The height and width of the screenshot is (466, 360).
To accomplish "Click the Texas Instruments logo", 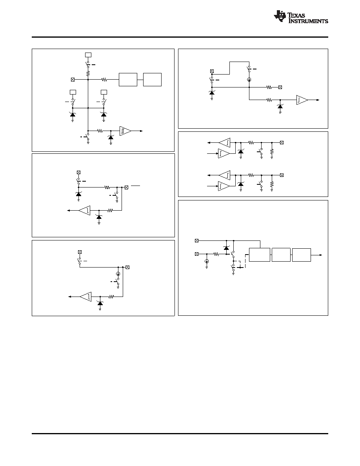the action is (x=301, y=16).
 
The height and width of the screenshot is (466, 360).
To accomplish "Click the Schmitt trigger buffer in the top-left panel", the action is (x=125, y=131).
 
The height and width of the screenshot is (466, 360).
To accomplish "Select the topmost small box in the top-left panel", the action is (x=88, y=55).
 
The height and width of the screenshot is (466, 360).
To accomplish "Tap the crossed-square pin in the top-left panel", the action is (x=73, y=80).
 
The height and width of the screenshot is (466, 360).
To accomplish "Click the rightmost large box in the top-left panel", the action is (x=152, y=80).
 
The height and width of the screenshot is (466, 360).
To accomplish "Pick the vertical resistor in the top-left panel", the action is (x=88, y=73).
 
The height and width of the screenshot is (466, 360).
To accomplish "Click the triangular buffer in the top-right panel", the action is (x=302, y=100).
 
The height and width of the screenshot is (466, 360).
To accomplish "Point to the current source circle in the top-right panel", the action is (x=249, y=80).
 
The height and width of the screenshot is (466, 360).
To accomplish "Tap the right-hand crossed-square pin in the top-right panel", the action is (x=280, y=87).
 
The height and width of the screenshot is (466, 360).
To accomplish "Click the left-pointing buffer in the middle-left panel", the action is (x=84, y=210).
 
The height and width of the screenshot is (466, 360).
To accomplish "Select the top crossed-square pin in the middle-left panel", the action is (x=78, y=172).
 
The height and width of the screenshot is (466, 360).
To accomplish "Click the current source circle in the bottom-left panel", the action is (x=118, y=274).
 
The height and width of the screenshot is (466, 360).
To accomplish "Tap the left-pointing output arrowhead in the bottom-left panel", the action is (x=69, y=297).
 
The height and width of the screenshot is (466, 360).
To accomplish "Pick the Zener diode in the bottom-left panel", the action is (x=100, y=302).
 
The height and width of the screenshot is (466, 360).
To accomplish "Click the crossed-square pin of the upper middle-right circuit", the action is (x=282, y=143).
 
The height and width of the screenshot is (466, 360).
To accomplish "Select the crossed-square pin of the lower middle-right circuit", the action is (x=282, y=175).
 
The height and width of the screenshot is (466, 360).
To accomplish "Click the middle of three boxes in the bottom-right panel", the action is (x=281, y=255).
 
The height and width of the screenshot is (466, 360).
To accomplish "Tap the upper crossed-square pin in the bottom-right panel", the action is (x=196, y=240).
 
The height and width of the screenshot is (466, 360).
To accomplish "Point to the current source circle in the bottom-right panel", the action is (x=207, y=261).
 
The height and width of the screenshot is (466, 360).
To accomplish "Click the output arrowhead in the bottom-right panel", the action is (x=320, y=255).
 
